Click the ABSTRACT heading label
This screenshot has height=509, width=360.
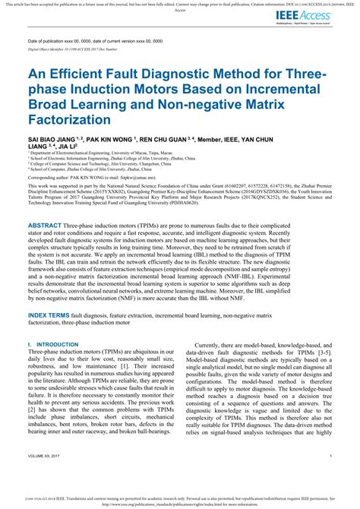(x=50, y=226)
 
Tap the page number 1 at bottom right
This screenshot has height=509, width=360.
(x=332, y=456)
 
